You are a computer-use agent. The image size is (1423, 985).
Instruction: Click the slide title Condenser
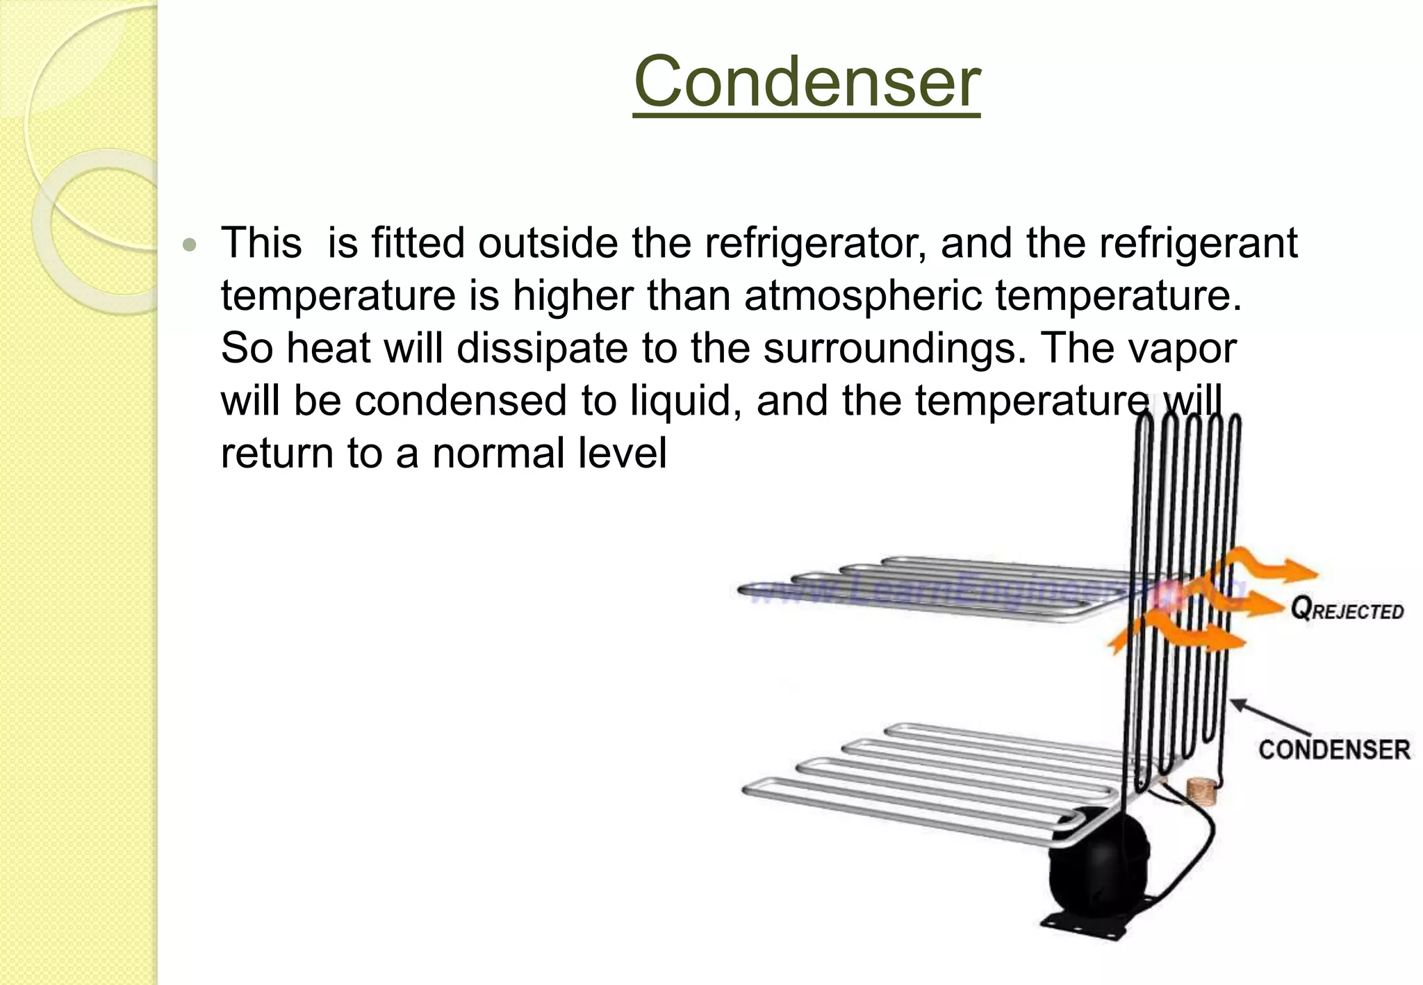[807, 82]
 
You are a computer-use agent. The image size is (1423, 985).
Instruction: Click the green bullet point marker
[189, 245]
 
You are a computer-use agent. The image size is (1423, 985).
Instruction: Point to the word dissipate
[542, 348]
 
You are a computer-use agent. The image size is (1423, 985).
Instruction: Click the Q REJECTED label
[1347, 610]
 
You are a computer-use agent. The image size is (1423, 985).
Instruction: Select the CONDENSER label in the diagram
[1333, 750]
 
